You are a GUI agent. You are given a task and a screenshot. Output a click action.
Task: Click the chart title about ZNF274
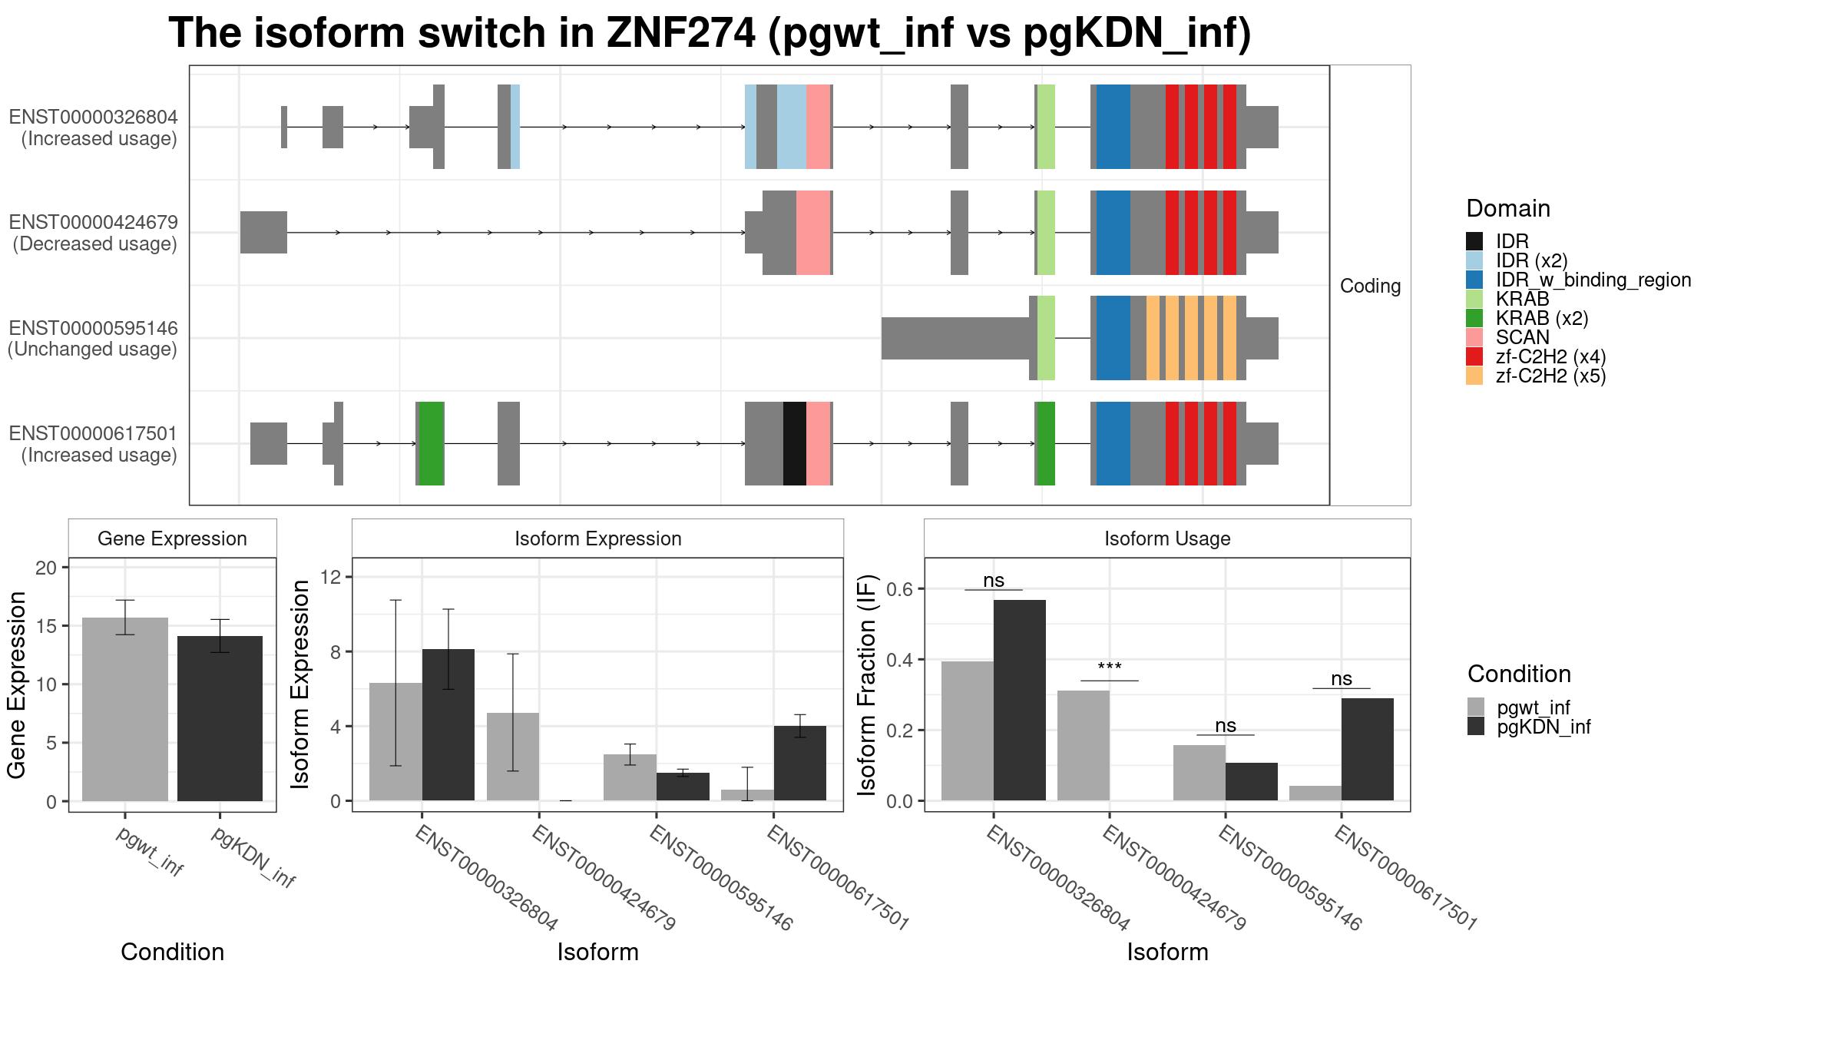pos(710,34)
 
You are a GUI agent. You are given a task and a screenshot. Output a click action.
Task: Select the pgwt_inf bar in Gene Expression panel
pos(125,709)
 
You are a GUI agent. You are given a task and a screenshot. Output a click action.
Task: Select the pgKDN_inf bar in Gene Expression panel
pos(220,718)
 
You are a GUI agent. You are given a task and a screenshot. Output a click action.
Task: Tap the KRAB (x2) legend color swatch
pos(1474,318)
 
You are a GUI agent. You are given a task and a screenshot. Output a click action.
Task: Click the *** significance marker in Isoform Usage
pos(1110,668)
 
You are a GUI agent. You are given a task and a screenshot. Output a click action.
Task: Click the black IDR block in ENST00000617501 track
pos(795,443)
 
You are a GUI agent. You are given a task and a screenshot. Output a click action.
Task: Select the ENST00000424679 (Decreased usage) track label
pos(93,233)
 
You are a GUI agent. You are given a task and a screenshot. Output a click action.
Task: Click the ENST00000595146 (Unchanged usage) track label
pos(93,339)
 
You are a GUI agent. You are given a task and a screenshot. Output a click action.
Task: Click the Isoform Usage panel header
pos(1167,538)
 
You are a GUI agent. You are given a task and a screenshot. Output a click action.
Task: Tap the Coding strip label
pos(1371,286)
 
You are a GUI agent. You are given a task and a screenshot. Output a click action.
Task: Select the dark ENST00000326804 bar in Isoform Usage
pos(1020,701)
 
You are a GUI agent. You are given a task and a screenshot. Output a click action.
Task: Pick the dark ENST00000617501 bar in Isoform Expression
pos(800,764)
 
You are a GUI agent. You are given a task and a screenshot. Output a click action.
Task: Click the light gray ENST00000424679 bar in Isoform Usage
pos(1084,746)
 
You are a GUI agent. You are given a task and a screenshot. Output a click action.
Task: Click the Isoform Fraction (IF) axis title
pos(867,684)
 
